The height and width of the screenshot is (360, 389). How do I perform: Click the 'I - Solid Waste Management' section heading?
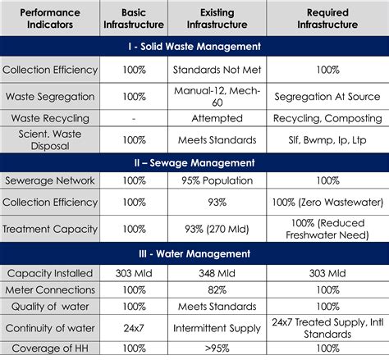pyautogui.click(x=194, y=48)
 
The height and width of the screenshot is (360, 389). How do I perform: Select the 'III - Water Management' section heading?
pyautogui.click(x=194, y=253)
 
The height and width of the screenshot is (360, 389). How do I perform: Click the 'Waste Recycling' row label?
pyautogui.click(x=49, y=119)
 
